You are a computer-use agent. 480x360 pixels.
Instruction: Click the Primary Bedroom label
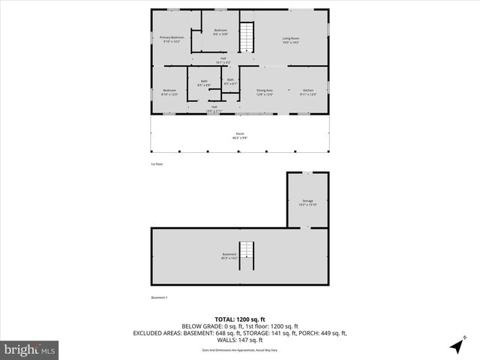(171, 39)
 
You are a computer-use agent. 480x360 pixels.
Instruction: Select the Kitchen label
(308, 91)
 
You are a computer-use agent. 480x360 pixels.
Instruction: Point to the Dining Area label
(265, 91)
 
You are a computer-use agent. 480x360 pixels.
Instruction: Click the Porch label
(239, 136)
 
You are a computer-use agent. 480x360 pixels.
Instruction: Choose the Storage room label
(307, 202)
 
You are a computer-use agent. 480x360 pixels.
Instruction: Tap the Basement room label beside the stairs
(229, 256)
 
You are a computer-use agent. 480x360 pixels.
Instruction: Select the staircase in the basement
(247, 255)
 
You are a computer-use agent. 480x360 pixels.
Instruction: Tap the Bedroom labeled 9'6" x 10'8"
(220, 32)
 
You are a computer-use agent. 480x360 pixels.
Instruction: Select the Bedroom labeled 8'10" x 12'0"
(169, 92)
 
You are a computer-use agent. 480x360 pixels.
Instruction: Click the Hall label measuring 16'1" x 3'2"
(223, 60)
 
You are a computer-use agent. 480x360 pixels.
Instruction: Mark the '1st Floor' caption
(157, 163)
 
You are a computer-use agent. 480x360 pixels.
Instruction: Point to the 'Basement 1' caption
(159, 298)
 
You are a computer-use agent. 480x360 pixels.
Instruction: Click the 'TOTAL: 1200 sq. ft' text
(239, 319)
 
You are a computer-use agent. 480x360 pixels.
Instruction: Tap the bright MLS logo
(29, 349)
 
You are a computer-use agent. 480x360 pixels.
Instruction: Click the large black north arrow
(456, 346)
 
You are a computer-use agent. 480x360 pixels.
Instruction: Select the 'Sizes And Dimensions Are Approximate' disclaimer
(239, 350)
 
